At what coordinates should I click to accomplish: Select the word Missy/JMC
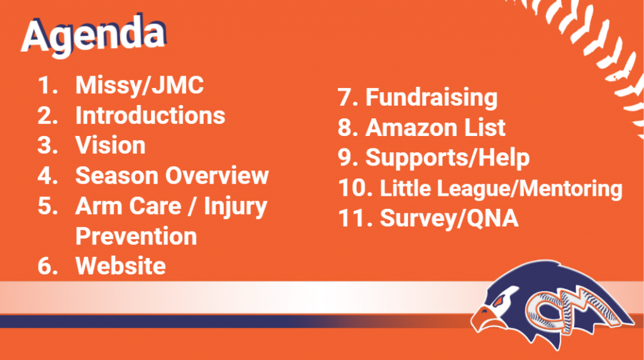tap(140, 86)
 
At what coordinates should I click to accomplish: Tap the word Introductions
tap(150, 115)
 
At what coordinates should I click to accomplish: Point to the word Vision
tap(111, 145)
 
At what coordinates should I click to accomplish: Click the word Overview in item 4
tap(217, 176)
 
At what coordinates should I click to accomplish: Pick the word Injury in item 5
tap(235, 206)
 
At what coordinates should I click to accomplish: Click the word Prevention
tap(136, 236)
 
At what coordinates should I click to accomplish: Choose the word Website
tap(121, 266)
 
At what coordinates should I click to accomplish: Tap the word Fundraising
tap(431, 98)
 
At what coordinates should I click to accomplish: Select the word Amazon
tap(411, 127)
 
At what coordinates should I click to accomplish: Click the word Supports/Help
tap(448, 158)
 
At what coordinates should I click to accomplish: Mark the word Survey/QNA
tap(449, 218)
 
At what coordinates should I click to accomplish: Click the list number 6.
tap(48, 266)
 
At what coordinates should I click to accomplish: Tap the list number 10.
tap(355, 188)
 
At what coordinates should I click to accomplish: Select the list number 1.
tap(48, 86)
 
